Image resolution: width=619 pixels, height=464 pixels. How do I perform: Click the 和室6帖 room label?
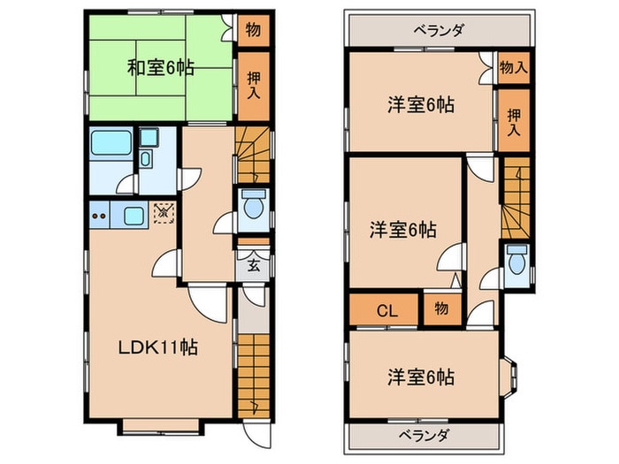pos(161,67)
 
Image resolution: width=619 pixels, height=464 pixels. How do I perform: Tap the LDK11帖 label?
pos(158,347)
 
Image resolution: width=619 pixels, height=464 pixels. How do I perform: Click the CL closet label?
pos(386,310)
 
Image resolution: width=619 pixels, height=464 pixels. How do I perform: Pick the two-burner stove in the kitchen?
pos(99,214)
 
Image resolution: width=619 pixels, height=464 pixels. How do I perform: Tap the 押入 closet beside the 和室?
pos(251,87)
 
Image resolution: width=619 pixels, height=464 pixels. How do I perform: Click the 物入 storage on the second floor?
pos(513,67)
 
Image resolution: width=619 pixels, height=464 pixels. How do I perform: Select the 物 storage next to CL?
pos(440,310)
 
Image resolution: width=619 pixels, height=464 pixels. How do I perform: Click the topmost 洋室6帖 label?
pos(420,105)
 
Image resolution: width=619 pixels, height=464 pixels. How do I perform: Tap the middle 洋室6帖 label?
pos(402,230)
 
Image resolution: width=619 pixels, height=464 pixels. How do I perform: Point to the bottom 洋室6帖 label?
pos(420,377)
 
